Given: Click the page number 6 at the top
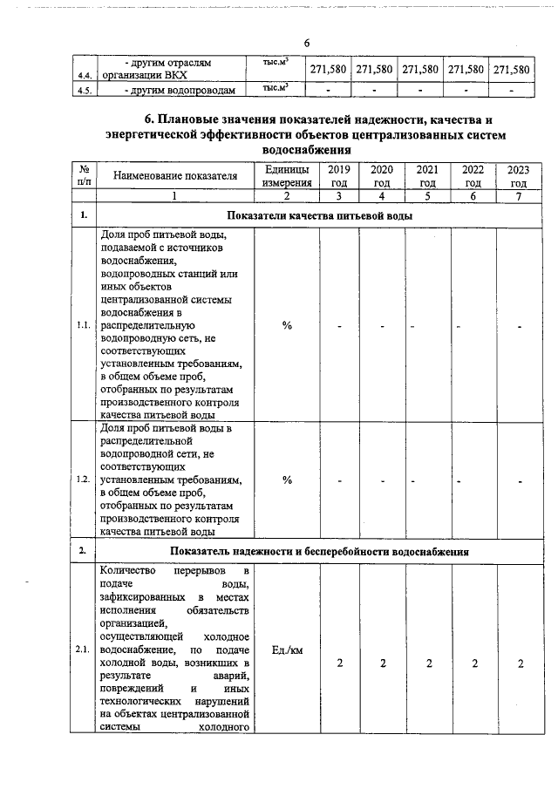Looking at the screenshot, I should coord(307,44).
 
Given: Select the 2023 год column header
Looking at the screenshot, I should coord(518,176).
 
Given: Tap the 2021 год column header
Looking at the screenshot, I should coord(427,176).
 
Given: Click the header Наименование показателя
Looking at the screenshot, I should coord(175,176).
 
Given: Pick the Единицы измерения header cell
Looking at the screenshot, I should coord(287,176).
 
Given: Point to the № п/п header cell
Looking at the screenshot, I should coord(84,176).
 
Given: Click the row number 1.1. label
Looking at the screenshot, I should coord(84,326).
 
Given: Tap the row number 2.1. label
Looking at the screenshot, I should coord(84,650).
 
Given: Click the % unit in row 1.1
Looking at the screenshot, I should coord(287,326).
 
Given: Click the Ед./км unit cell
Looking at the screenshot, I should coord(287,651).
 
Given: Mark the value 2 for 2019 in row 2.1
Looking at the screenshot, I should coord(340,664).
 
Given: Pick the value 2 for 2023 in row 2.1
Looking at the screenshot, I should coord(520,664).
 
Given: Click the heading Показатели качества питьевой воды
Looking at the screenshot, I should coord(319,215).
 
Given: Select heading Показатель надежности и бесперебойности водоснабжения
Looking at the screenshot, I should coord(319,552).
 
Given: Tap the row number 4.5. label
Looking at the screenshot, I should coord(85,90).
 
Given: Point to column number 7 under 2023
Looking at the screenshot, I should coord(518,196).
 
